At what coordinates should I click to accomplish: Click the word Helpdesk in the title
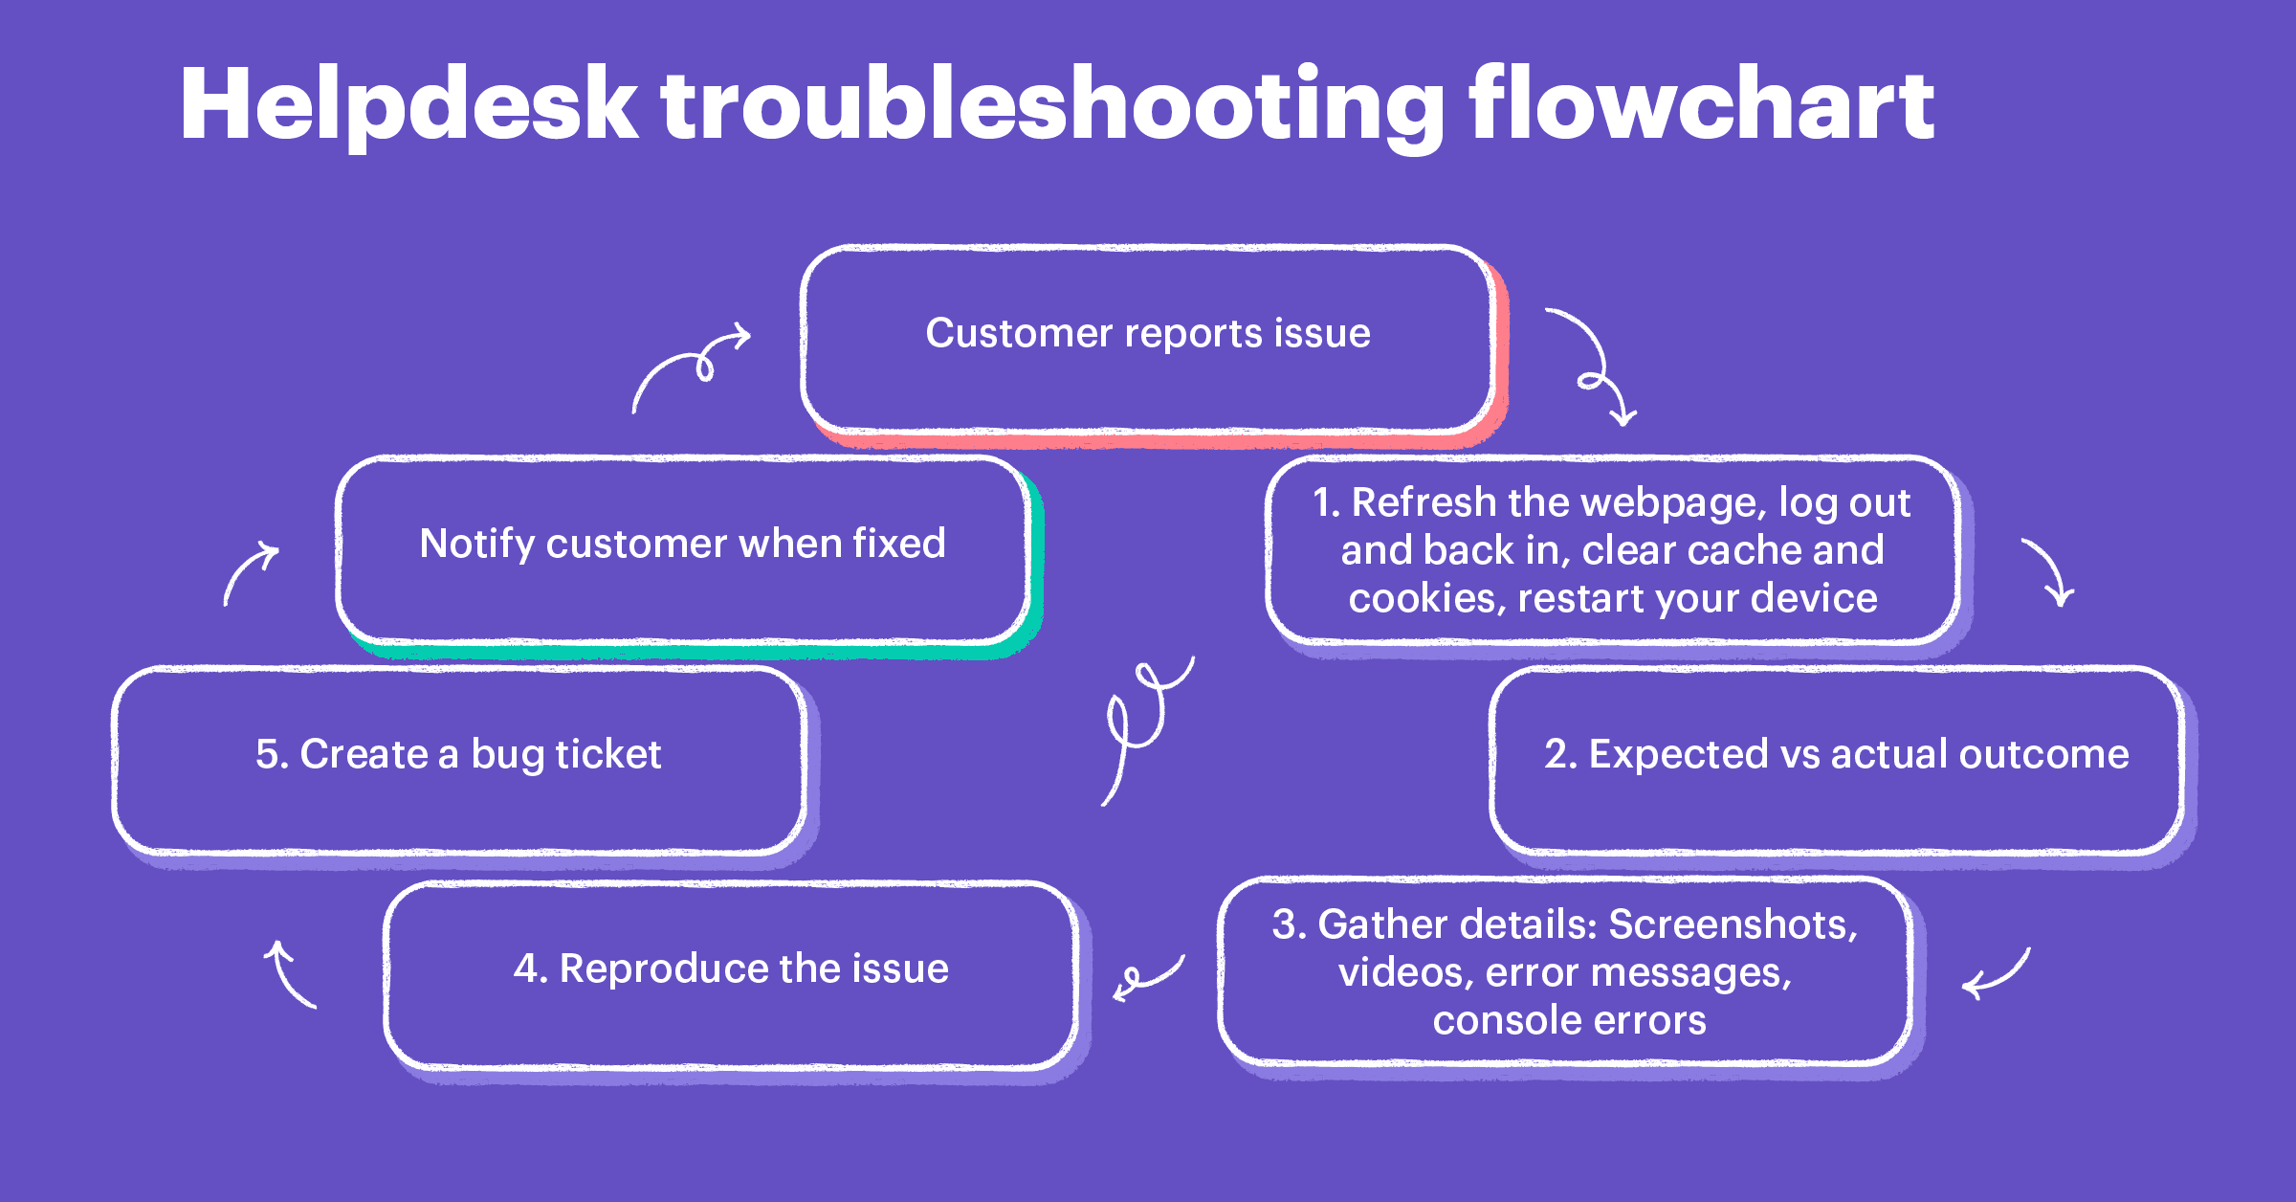click(x=408, y=105)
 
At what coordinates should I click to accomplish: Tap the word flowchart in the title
click(x=1701, y=105)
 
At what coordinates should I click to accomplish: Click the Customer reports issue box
click(x=1147, y=335)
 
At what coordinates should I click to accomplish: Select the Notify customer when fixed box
click(x=682, y=545)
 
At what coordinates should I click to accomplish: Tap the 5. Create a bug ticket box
click(x=458, y=756)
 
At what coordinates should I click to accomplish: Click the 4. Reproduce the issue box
click(x=731, y=970)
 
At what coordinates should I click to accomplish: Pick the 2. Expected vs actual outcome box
click(x=1836, y=756)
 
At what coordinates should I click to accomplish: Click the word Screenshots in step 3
click(x=1733, y=925)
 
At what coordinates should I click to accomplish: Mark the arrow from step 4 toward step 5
click(x=290, y=974)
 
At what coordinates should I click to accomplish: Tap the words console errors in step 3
click(x=1569, y=1021)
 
